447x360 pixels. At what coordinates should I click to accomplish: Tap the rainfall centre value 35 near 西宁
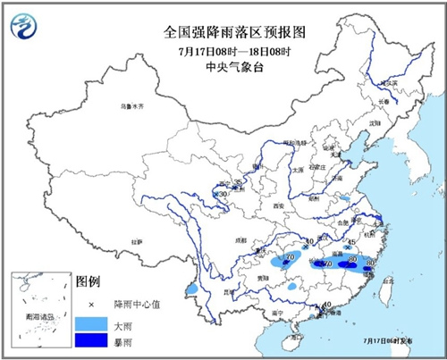(x=238, y=182)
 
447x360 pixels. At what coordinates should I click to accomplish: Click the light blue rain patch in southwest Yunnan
(x=193, y=290)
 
